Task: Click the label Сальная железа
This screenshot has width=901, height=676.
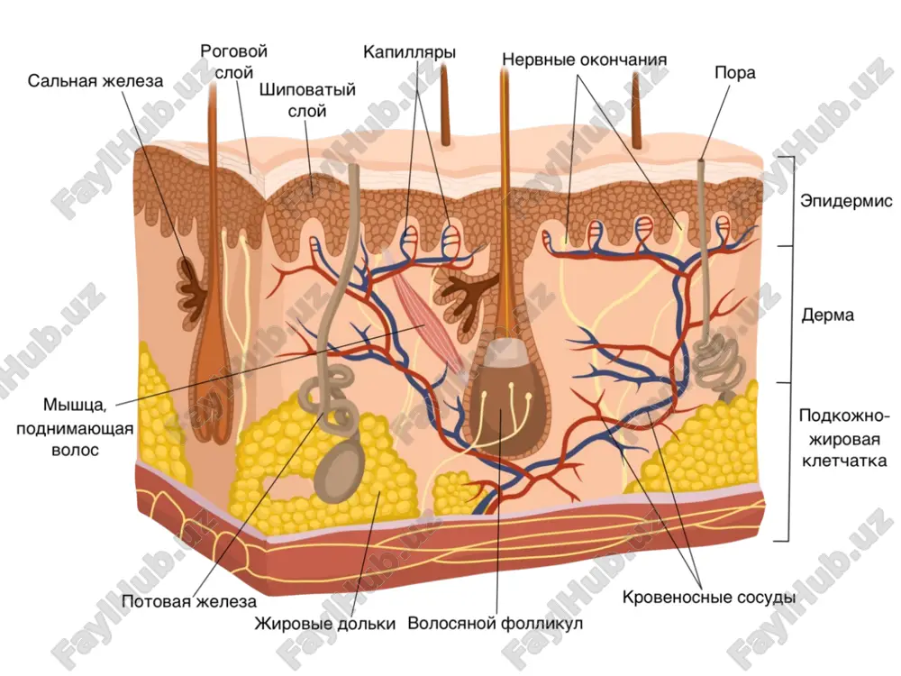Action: click(96, 81)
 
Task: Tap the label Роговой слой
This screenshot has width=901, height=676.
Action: click(234, 62)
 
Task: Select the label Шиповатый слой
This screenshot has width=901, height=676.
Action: click(307, 100)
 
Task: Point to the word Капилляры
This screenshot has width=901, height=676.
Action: click(409, 52)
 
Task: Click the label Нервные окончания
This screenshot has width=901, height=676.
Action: click(585, 59)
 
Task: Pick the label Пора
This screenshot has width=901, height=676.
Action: click(735, 73)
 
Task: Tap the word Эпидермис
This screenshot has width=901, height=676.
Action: click(846, 201)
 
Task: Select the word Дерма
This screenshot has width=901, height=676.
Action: click(827, 315)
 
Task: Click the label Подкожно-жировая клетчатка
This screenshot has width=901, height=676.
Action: click(843, 438)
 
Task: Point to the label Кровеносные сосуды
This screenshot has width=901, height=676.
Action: click(709, 598)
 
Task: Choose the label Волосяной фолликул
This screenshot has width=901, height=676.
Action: click(496, 624)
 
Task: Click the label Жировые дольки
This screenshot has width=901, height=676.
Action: click(325, 625)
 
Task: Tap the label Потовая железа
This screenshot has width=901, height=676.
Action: click(189, 602)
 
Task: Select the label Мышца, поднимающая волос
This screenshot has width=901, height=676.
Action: click(75, 427)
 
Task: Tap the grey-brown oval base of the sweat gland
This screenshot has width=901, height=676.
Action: click(340, 470)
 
